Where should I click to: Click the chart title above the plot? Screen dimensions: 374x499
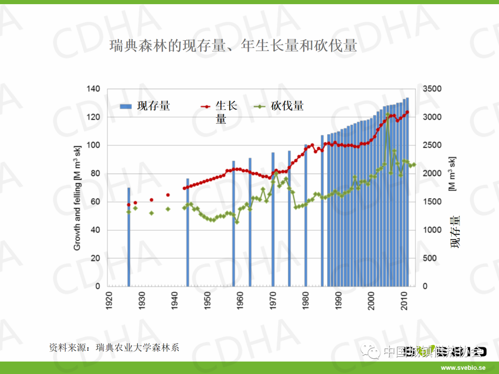[x=233, y=46]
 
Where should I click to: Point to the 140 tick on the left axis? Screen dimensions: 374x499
[x=93, y=89]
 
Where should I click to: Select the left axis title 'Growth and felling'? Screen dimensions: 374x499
[x=77, y=198]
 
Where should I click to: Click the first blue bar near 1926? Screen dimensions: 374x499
[x=129, y=236]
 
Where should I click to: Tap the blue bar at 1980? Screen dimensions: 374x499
[x=306, y=215]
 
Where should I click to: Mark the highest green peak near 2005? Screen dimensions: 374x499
[x=387, y=114]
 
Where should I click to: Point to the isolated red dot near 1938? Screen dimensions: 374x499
[x=168, y=195]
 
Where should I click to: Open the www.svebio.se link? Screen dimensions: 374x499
[x=463, y=368]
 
